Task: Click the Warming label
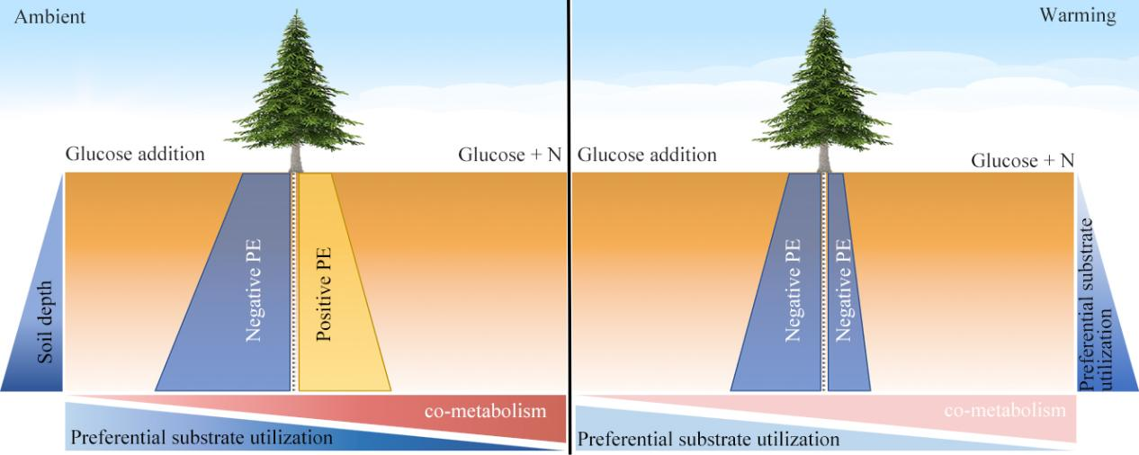[1090, 15]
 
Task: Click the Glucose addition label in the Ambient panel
[135, 154]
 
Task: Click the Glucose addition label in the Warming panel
[647, 155]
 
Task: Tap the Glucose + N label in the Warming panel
[1023, 160]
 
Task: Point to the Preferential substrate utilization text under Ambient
[201, 439]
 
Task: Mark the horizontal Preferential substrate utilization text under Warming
[708, 440]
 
